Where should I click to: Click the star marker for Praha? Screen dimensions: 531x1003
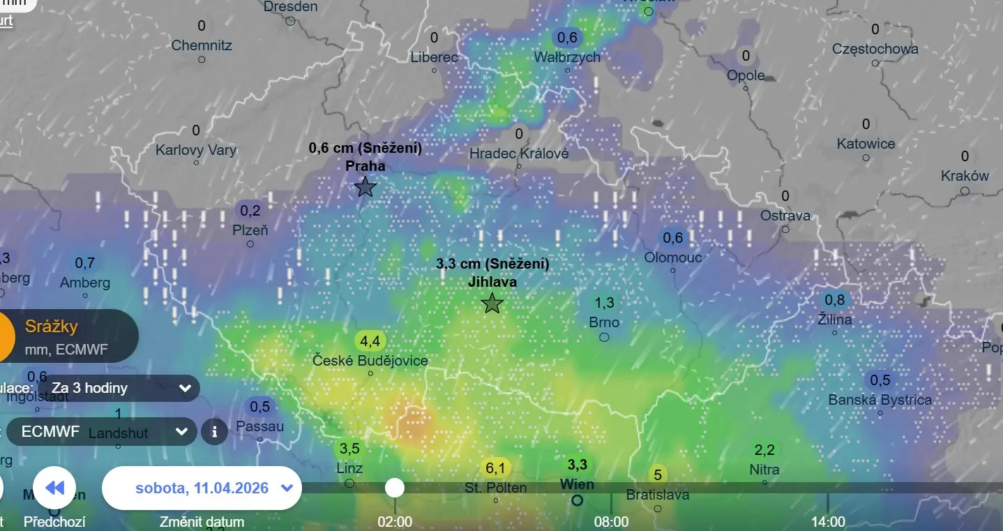coord(365,187)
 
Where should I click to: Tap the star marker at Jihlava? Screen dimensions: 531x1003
coord(492,304)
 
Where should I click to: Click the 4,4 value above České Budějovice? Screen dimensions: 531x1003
coord(370,341)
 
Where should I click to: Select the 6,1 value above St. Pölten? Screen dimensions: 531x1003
coord(495,468)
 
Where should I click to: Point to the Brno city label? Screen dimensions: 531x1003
coord(604,322)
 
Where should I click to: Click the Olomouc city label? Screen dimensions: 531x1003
coord(673,257)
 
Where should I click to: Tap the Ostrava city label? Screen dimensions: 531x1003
coord(785,216)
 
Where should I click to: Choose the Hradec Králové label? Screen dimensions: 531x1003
coord(519,154)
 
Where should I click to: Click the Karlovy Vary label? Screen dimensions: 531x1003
coord(196,150)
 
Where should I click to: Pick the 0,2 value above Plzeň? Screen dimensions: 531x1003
coord(250,210)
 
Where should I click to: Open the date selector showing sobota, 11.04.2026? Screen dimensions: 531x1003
coord(202,488)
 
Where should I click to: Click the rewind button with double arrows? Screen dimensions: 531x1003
coord(54,488)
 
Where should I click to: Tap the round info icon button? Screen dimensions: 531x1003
coord(214,431)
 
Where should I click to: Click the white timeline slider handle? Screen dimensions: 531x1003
coord(395,488)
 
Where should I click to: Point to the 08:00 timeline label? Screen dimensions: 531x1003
coord(611,522)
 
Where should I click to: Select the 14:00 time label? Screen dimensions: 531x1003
coord(828,522)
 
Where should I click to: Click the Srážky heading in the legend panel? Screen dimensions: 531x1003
coord(52,326)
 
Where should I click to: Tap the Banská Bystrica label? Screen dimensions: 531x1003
coord(880,400)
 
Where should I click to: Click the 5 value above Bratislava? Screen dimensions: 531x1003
coord(657,475)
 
